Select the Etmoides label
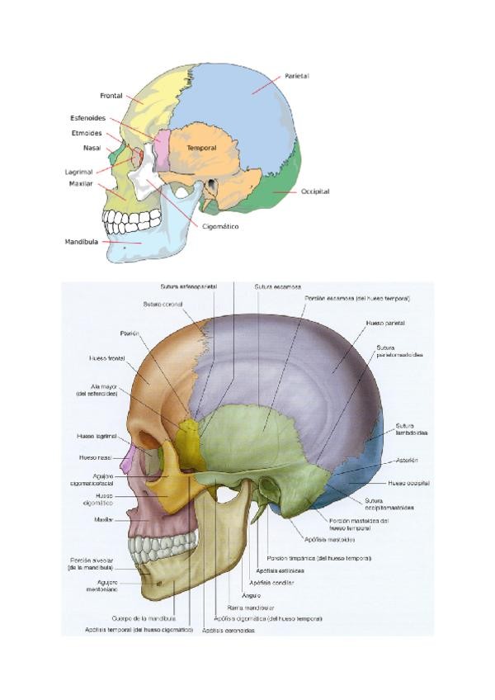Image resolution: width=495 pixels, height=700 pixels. (87, 133)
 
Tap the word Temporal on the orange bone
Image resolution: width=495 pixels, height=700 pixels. (201, 148)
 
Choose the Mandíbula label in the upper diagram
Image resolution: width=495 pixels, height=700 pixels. (82, 242)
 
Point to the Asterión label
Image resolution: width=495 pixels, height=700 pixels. (408, 460)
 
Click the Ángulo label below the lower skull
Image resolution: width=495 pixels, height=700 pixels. (251, 595)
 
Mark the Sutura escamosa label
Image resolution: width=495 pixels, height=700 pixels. (277, 286)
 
